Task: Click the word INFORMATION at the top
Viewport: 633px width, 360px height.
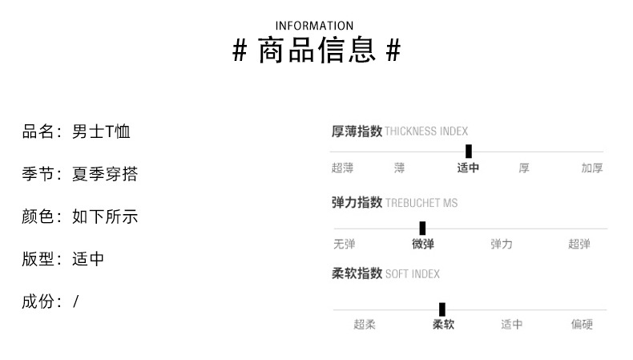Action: coord(314,26)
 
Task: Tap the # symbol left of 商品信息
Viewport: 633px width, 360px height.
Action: coord(240,52)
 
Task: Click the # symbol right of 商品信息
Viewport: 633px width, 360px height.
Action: coord(393,52)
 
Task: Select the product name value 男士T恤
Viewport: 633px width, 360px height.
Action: coord(101,131)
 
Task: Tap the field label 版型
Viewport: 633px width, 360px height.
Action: coord(37,259)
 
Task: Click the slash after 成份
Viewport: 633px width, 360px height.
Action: coord(76,301)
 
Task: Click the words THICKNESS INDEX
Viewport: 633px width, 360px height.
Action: coord(426,131)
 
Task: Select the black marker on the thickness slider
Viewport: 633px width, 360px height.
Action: coord(469,151)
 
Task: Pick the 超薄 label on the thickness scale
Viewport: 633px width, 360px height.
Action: coord(342,168)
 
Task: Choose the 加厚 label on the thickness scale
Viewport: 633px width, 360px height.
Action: coord(592,168)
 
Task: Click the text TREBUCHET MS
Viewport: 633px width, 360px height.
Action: coord(421,204)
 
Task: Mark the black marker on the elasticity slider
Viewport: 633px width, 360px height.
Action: coord(422,228)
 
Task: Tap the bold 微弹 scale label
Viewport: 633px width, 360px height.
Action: coord(423,245)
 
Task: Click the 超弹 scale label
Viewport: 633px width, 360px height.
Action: coord(579,245)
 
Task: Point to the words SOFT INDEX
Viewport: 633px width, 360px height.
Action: coord(413,274)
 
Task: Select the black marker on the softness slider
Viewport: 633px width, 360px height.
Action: coord(442,309)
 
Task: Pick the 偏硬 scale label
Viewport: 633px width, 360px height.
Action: coord(582,325)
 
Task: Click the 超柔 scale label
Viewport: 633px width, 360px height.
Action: coord(365,325)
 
